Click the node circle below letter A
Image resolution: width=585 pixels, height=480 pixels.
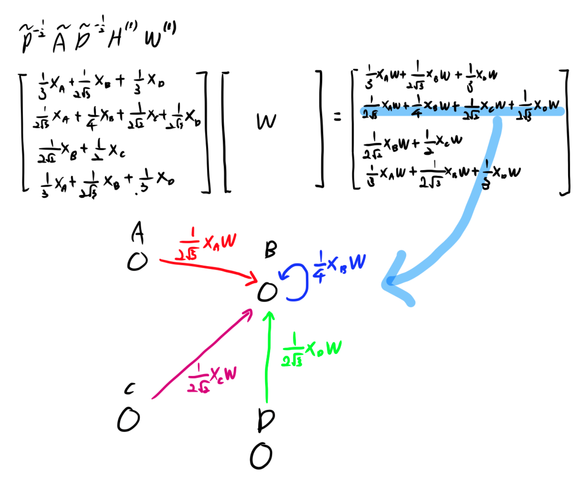pyautogui.click(x=137, y=261)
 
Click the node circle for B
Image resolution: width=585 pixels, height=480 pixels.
pyautogui.click(x=267, y=292)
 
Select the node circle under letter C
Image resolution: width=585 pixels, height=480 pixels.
pyautogui.click(x=128, y=420)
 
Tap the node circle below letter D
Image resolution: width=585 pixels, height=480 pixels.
pyautogui.click(x=261, y=456)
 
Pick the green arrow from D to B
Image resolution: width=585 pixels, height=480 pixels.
pyautogui.click(x=268, y=355)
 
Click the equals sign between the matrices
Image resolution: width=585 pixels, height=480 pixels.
pyautogui.click(x=338, y=118)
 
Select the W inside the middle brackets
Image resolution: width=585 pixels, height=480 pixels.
pyautogui.click(x=266, y=121)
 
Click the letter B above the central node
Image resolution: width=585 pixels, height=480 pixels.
pyautogui.click(x=271, y=250)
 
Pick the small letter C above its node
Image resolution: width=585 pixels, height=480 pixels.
pyautogui.click(x=130, y=389)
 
